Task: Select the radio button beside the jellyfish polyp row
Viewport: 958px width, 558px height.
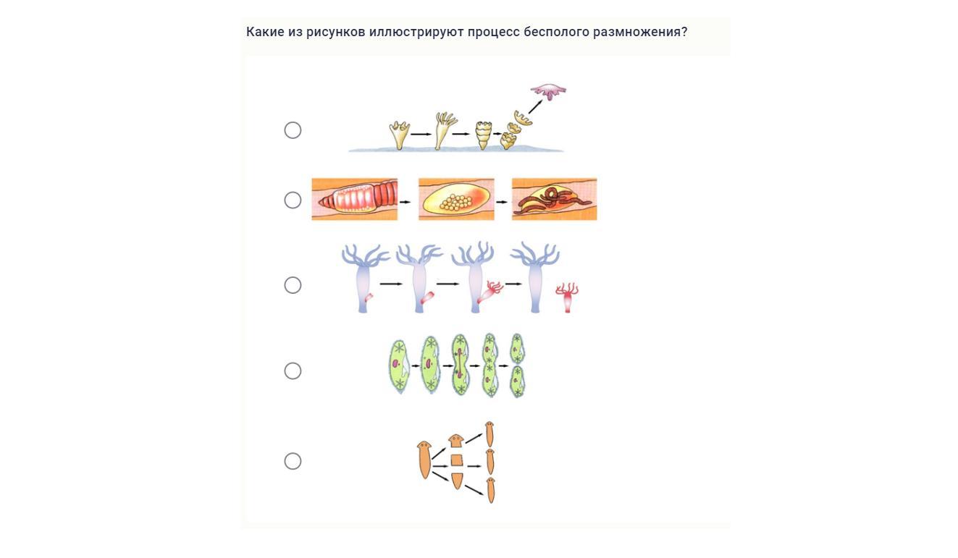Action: (x=293, y=130)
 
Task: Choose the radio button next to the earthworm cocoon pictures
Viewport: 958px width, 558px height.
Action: (x=293, y=200)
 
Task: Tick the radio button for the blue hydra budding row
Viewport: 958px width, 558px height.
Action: (x=293, y=285)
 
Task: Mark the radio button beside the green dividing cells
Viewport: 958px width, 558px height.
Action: (x=293, y=371)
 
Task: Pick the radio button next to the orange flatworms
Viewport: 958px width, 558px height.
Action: (x=293, y=461)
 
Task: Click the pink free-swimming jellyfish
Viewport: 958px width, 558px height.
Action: (x=548, y=91)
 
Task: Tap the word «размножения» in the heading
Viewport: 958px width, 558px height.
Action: (x=636, y=33)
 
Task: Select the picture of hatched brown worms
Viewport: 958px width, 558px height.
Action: (x=554, y=199)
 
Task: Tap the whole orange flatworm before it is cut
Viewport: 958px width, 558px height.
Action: (x=424, y=460)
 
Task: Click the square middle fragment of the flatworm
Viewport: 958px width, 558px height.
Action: (x=457, y=460)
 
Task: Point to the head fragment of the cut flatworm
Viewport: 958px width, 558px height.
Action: (x=456, y=441)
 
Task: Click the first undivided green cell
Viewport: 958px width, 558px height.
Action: (x=399, y=367)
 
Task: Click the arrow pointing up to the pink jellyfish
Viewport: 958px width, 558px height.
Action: (x=535, y=107)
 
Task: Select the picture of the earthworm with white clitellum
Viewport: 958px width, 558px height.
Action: (x=355, y=199)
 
